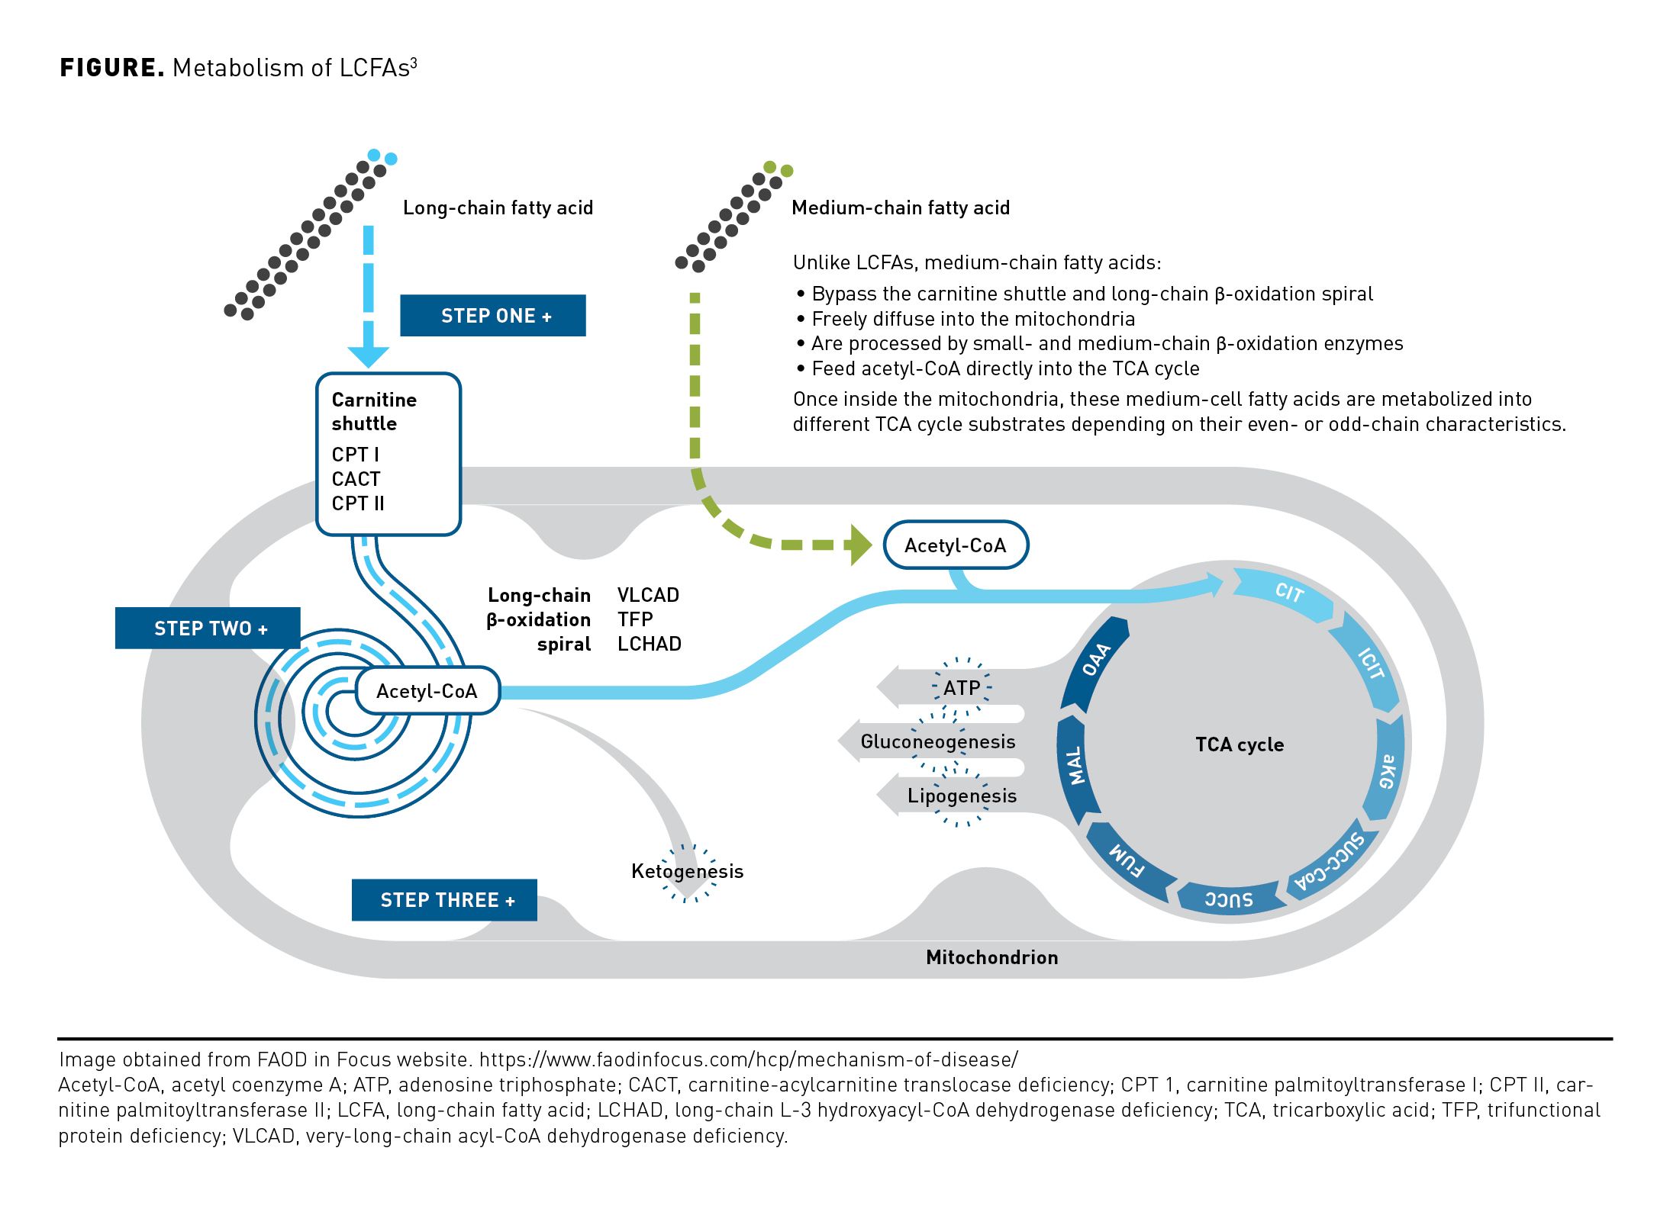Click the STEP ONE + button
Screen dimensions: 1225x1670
tap(492, 316)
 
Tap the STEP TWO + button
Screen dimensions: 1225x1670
tap(208, 629)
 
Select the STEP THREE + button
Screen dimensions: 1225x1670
tap(444, 900)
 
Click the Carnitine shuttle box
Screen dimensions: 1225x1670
tap(388, 453)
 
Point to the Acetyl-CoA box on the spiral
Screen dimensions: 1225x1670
tap(427, 691)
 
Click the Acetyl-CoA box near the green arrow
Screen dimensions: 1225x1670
tap(956, 545)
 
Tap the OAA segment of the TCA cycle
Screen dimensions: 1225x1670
tap(1096, 661)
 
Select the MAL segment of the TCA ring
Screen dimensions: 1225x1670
tap(1075, 766)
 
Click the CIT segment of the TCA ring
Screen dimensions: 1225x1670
tap(1288, 592)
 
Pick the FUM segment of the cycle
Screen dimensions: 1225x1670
tap(1127, 860)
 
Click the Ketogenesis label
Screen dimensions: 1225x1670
tap(687, 872)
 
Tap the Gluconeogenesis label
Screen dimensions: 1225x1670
tap(937, 741)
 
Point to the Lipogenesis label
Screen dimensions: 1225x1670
tap(962, 796)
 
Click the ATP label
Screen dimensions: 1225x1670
tap(962, 688)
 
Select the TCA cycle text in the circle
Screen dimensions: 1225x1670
tap(1240, 744)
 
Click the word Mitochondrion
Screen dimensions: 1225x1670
tap(991, 957)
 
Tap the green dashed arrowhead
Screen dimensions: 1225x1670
tap(861, 545)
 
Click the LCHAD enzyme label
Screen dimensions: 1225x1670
tap(649, 644)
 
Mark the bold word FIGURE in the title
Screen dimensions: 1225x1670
tap(111, 68)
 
